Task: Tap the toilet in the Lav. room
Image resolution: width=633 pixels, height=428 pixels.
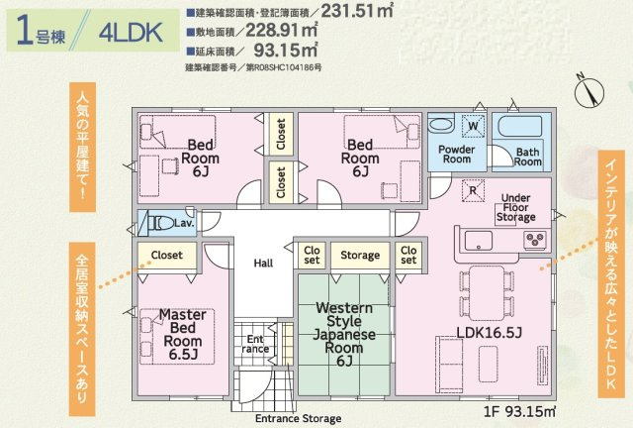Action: [158, 222]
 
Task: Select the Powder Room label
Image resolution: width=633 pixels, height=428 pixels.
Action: [455, 153]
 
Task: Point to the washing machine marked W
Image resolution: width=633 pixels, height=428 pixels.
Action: [473, 126]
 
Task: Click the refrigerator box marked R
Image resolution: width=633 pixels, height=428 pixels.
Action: [474, 189]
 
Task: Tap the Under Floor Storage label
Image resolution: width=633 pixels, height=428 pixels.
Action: [517, 207]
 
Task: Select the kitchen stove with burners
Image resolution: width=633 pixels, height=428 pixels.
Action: [536, 240]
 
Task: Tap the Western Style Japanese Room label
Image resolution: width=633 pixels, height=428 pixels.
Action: [345, 334]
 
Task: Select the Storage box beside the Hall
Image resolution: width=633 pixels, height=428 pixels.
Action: [360, 255]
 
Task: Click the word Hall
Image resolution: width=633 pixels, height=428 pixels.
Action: [263, 263]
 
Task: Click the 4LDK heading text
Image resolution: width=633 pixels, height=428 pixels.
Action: [133, 32]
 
